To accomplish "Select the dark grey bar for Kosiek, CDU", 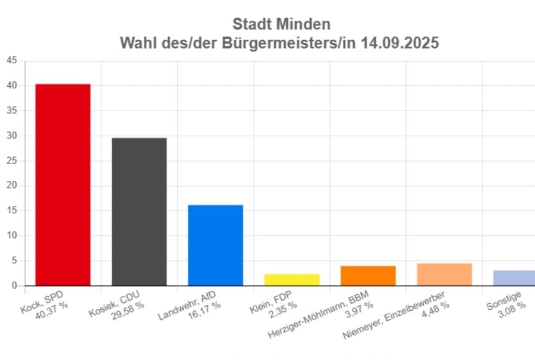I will click(x=139, y=212).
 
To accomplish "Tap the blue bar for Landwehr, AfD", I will click(x=215, y=245).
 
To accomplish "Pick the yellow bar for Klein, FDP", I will click(x=292, y=280).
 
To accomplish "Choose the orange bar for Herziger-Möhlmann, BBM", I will click(x=368, y=276).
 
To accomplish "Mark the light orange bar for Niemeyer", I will click(x=444, y=274).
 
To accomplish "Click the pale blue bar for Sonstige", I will click(x=515, y=278).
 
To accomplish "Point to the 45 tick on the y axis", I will click(x=12, y=61).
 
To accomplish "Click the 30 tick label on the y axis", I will click(x=12, y=136).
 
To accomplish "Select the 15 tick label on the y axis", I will click(x=12, y=211).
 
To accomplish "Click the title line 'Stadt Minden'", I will click(x=281, y=25).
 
